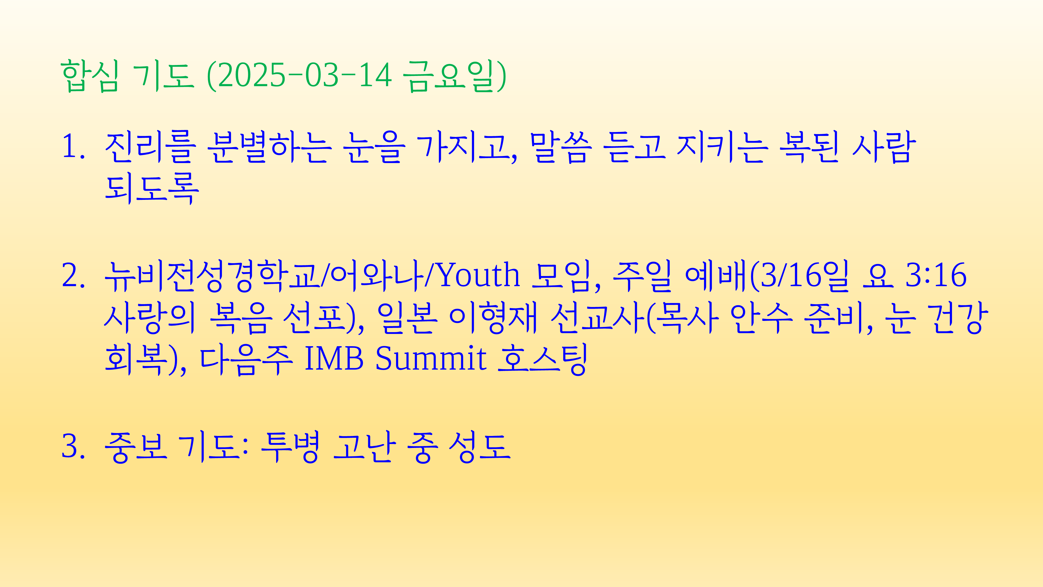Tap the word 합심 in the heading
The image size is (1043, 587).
(x=90, y=76)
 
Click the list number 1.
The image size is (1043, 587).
(x=73, y=147)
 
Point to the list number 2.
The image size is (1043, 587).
(x=73, y=276)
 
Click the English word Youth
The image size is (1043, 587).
(x=480, y=275)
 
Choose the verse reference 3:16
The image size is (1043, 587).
(x=936, y=275)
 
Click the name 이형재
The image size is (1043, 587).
(x=493, y=318)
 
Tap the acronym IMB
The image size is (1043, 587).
(x=334, y=358)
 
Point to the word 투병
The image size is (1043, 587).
(x=290, y=447)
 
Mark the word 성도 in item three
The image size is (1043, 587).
(x=480, y=447)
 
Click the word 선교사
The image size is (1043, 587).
(x=598, y=318)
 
